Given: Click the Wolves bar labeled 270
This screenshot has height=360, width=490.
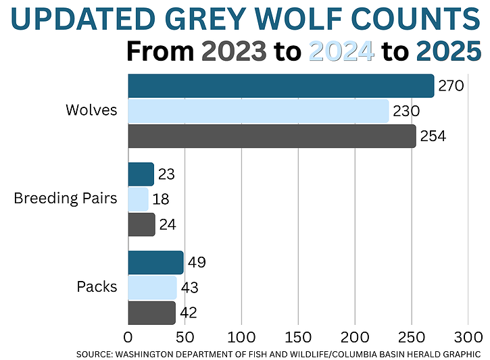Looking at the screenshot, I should [280, 86].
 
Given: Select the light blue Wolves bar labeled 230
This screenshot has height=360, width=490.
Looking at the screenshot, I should [258, 111].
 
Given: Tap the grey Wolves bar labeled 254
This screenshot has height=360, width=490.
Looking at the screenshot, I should [272, 136].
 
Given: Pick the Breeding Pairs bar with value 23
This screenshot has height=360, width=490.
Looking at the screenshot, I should [141, 174].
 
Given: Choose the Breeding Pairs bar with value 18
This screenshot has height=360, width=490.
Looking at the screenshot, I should [138, 199].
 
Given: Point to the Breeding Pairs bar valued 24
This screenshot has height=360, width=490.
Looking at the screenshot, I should [141, 224].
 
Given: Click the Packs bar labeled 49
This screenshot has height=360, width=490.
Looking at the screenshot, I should [155, 262].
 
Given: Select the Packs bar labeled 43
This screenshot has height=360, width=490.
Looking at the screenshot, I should [152, 287].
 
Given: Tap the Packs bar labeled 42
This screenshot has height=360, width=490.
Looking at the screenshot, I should [151, 312].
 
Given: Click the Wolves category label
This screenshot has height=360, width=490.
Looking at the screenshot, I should [91, 111].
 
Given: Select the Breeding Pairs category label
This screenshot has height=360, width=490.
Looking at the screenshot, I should [65, 199].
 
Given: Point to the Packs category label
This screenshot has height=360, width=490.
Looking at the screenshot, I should [97, 287].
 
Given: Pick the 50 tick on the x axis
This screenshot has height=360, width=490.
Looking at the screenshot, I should [185, 336].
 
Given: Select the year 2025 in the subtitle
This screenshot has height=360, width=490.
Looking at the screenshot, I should [449, 51].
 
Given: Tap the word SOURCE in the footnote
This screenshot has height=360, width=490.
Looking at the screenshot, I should [97, 353].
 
